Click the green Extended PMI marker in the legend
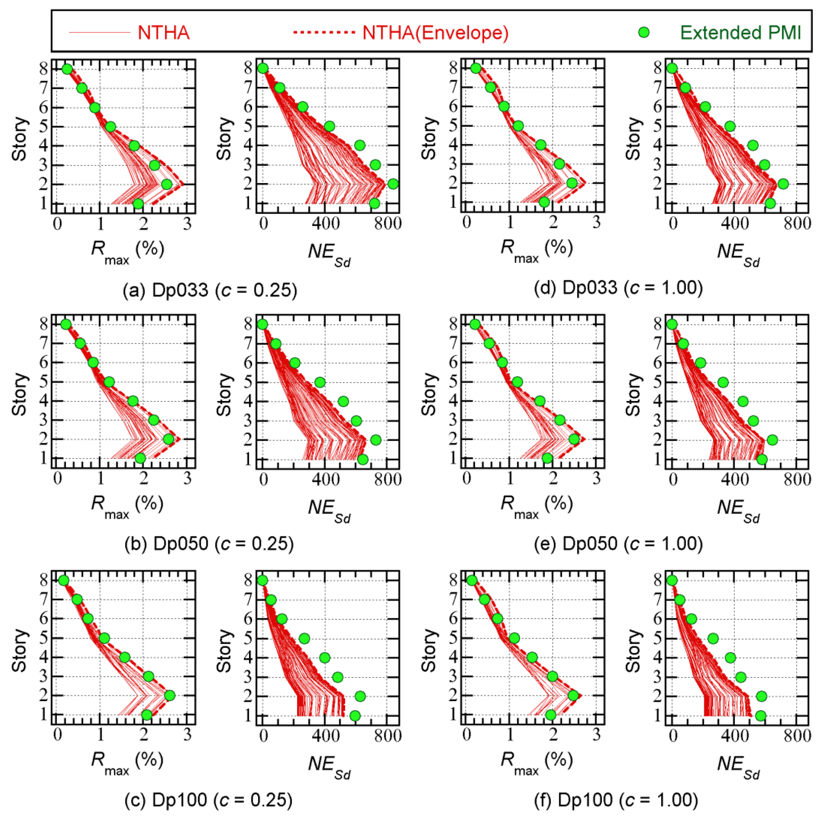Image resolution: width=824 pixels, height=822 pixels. pyautogui.click(x=644, y=33)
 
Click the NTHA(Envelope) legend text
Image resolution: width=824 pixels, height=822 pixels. pyautogui.click(x=435, y=33)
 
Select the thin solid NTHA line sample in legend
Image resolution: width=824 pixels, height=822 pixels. pyautogui.click(x=99, y=33)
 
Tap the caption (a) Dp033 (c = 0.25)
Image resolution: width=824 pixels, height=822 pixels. pyautogui.click(x=210, y=290)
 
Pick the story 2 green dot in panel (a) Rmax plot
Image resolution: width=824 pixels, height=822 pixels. pyautogui.click(x=167, y=184)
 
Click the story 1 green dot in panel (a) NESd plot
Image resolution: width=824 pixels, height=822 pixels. pyautogui.click(x=374, y=203)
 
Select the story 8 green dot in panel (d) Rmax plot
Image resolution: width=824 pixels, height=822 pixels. pyautogui.click(x=476, y=68)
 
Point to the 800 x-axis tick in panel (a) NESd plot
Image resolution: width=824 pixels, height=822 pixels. pyautogui.click(x=388, y=224)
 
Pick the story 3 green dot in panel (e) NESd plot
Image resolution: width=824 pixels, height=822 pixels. pyautogui.click(x=753, y=421)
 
